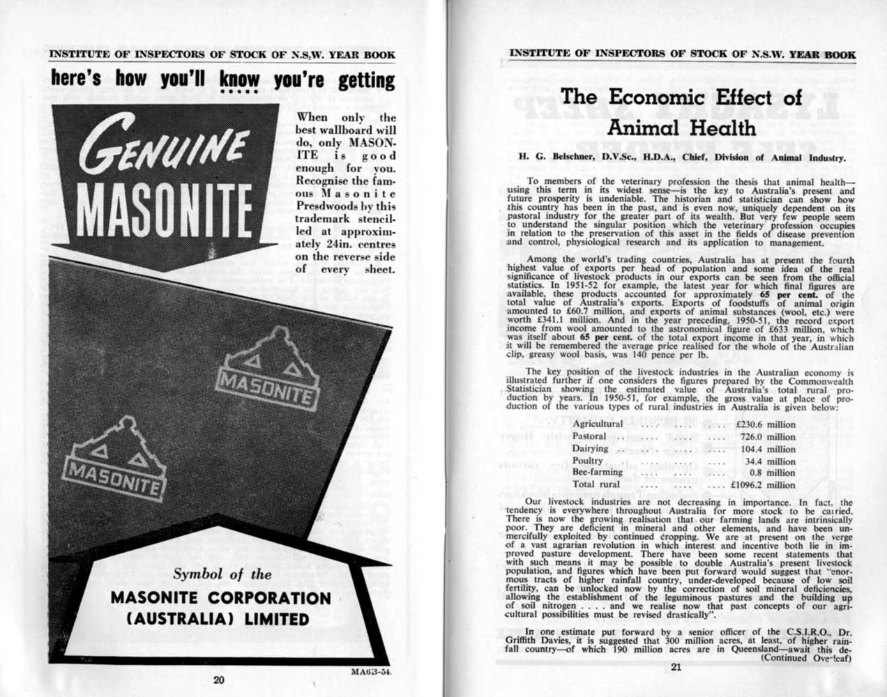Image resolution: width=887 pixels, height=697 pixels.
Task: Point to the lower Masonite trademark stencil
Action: [x=114, y=460]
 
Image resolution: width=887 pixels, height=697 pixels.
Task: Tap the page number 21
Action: [x=676, y=667]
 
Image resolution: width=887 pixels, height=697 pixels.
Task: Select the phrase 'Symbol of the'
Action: [x=222, y=575]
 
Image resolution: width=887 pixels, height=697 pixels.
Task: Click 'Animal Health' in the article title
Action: [x=682, y=128]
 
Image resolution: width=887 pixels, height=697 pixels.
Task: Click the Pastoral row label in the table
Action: [x=589, y=436]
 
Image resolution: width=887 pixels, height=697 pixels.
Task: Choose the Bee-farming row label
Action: [x=597, y=473]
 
